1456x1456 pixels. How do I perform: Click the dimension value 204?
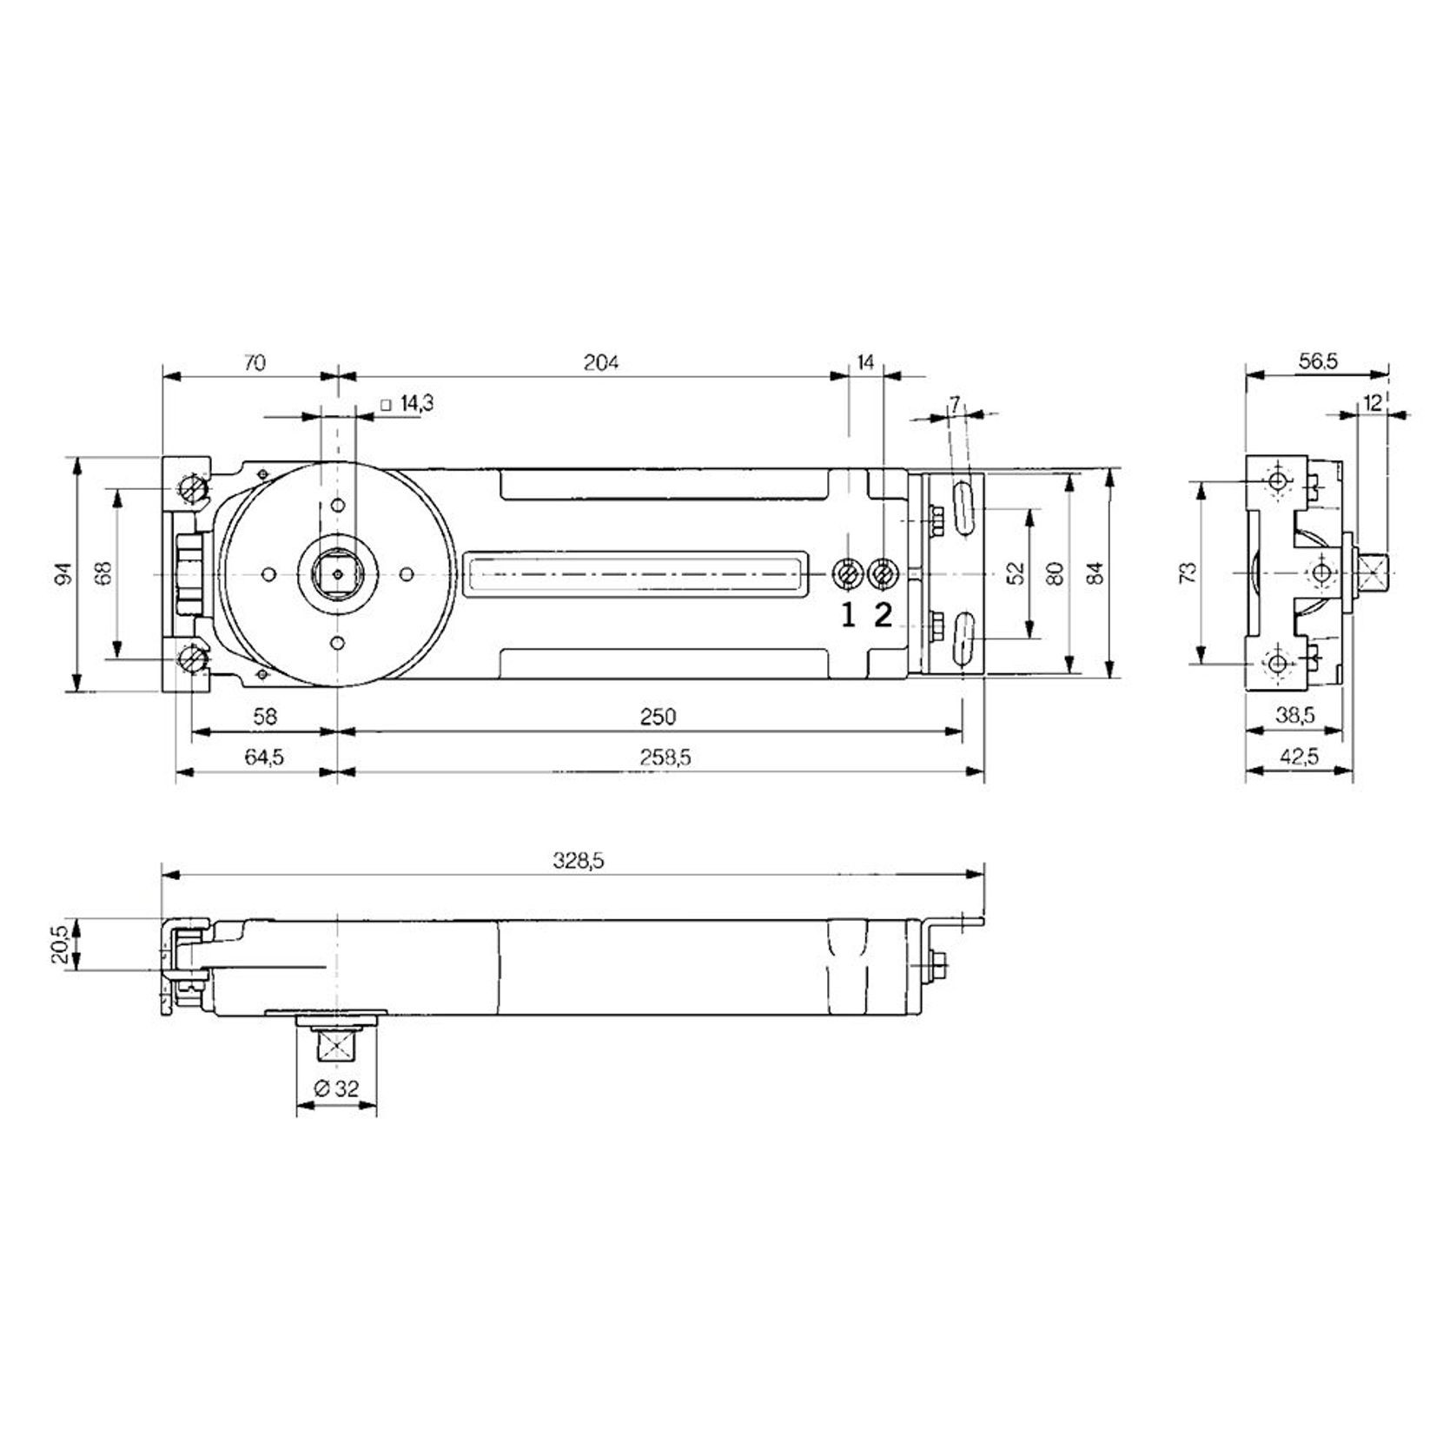point(600,362)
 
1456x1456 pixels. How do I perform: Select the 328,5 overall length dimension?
point(578,861)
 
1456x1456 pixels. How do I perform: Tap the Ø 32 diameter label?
point(336,1089)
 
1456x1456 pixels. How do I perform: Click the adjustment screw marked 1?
point(847,573)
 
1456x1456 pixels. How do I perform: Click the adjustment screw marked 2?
point(883,573)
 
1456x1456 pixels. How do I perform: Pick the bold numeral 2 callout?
point(883,615)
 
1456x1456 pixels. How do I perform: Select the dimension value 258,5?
point(665,758)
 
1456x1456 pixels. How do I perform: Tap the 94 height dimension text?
point(60,574)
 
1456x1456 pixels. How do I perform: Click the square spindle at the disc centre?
point(338,573)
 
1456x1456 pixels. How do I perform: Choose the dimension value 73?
point(1188,572)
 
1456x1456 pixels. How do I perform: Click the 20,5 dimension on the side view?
point(60,944)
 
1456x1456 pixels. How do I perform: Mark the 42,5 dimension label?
point(1299,758)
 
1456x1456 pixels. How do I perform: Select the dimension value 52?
point(1016,572)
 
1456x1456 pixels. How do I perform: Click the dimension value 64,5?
point(263,758)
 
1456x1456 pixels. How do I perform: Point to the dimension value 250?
point(658,717)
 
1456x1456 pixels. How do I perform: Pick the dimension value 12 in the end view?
point(1373,403)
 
